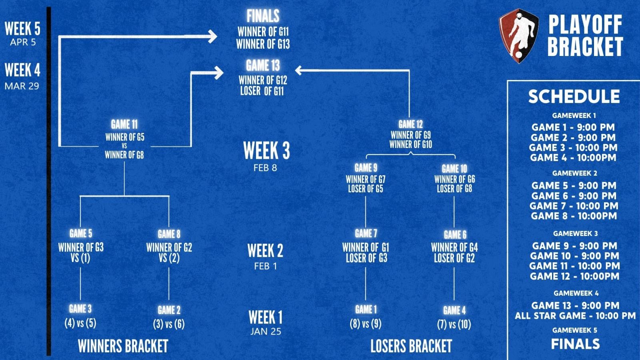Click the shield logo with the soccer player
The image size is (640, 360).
coord(519,36)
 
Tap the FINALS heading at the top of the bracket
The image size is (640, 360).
coord(263,16)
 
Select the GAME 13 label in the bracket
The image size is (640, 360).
coord(263,65)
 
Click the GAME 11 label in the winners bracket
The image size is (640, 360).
coord(124,124)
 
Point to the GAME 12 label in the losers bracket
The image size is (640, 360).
coord(410,124)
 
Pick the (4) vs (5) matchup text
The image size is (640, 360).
coord(80,323)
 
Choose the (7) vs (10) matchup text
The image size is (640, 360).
coord(454,324)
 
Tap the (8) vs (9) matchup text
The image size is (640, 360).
coord(366,323)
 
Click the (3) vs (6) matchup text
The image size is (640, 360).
coord(169,324)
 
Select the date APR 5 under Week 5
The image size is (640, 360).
coord(23,42)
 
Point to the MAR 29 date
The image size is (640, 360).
coord(22,86)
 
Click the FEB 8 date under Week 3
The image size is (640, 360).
coord(265,168)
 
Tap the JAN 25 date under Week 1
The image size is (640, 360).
coord(266,332)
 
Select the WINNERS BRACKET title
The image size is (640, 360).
coord(123,346)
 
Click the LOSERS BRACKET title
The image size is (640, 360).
coord(411,346)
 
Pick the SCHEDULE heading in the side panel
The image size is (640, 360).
coord(574,96)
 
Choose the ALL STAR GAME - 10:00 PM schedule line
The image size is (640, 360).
coord(575,316)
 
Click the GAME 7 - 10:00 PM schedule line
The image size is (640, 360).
coord(574,206)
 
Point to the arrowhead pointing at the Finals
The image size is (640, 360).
coord(212,37)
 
